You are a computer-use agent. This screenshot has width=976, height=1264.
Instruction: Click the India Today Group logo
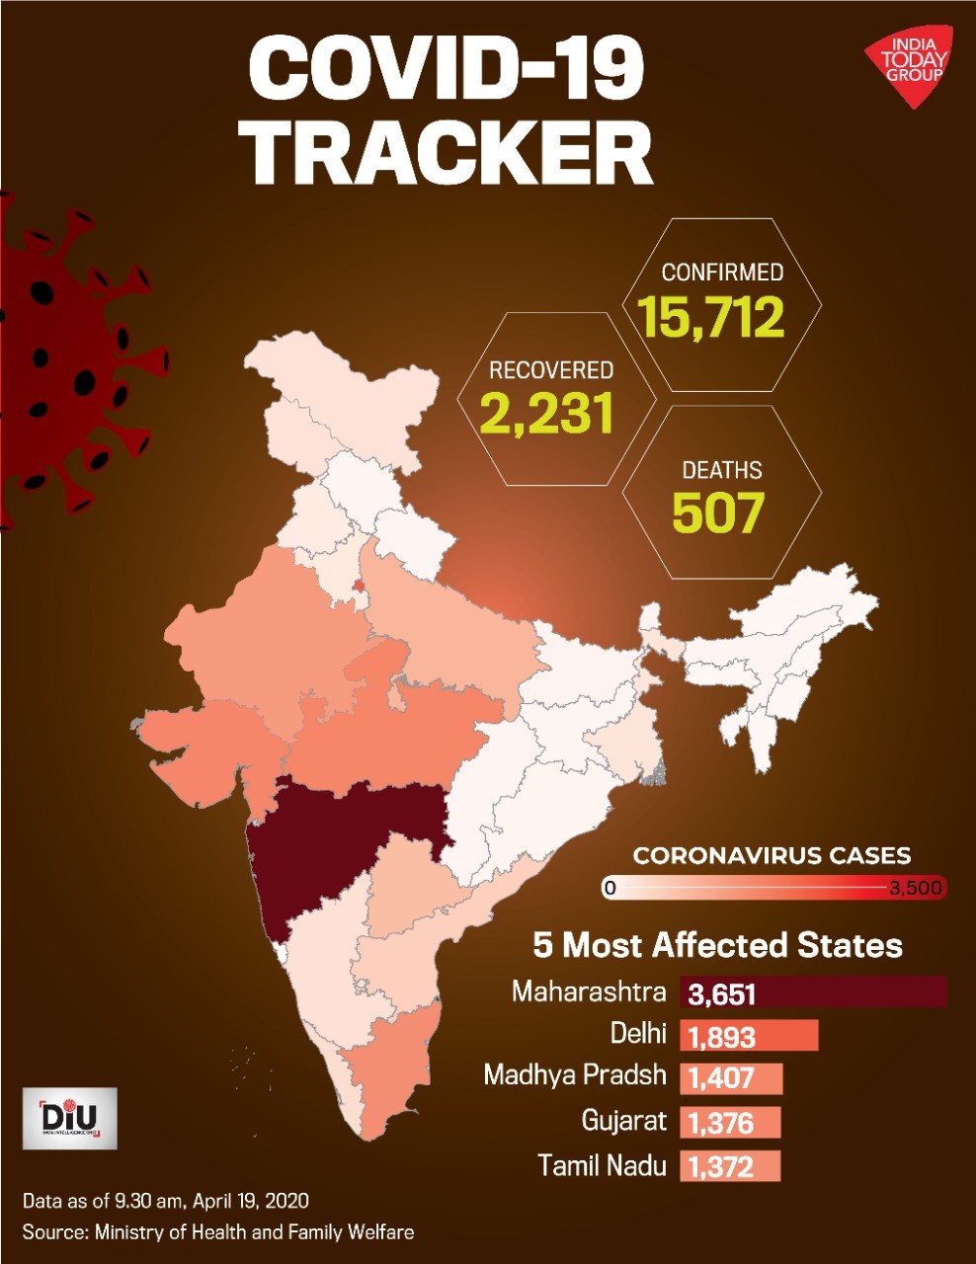(x=909, y=73)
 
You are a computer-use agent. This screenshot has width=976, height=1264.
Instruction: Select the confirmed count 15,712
(x=711, y=318)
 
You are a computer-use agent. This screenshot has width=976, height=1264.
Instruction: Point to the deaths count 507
(x=716, y=512)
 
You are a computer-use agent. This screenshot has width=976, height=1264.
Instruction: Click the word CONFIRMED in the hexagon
(x=722, y=273)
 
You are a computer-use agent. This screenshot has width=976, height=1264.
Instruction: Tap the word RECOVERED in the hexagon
(x=551, y=370)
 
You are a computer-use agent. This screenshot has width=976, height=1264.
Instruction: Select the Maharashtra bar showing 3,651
(x=814, y=992)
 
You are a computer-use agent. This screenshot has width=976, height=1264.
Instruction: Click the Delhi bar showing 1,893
(x=749, y=1036)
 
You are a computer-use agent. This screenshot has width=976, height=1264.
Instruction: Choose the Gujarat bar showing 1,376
(x=730, y=1123)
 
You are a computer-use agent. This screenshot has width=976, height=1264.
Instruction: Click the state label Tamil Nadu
(x=602, y=1165)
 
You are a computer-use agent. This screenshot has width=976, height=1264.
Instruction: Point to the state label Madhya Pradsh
(x=575, y=1075)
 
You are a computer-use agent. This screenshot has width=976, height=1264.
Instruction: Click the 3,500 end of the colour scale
(x=915, y=888)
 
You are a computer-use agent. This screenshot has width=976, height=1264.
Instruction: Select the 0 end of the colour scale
(x=610, y=888)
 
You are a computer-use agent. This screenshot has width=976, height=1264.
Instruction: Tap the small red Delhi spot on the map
(x=359, y=586)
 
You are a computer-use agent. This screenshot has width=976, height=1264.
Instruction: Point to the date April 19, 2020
(x=251, y=1201)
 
